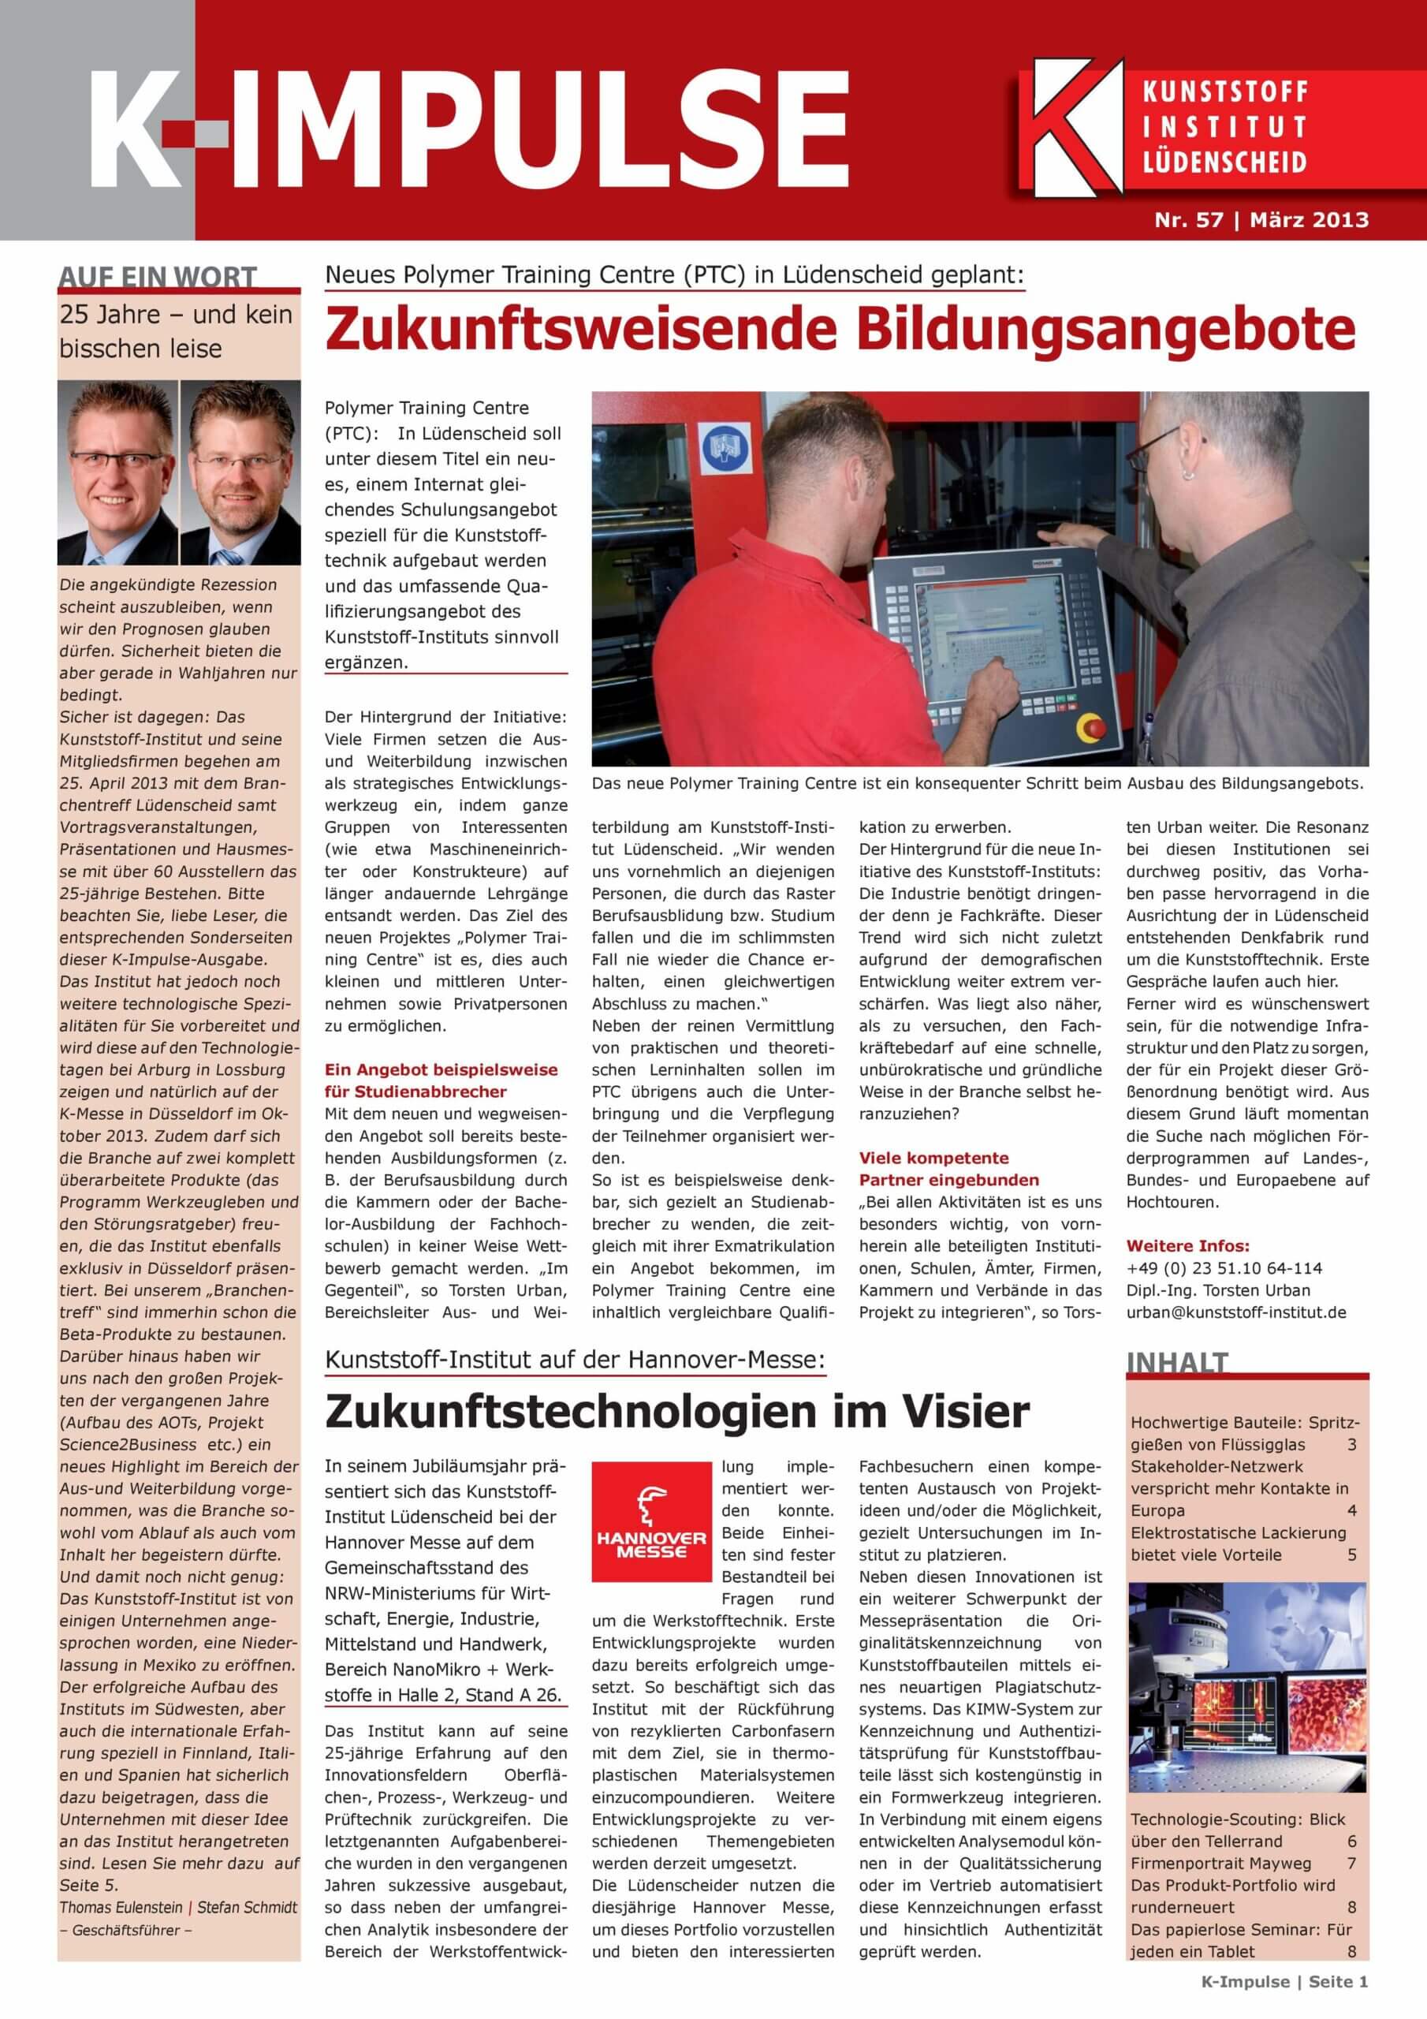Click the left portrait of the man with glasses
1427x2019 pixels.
[x=117, y=473]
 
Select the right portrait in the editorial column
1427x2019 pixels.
[x=240, y=473]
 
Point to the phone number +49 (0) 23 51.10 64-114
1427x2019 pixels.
[x=1223, y=1268]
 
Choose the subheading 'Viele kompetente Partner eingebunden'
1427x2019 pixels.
[x=948, y=1169]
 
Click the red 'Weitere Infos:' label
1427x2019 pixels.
[x=1187, y=1246]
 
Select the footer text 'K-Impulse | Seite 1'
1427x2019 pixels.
[x=1284, y=1998]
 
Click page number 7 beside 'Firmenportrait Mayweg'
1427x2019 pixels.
[x=1351, y=1864]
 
